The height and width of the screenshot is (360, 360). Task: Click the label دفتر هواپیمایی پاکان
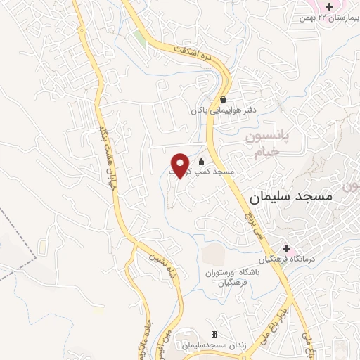coord(222,110)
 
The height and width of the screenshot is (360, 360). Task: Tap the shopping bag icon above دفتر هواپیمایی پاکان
coord(223,100)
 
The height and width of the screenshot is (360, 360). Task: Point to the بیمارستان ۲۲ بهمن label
coord(323,16)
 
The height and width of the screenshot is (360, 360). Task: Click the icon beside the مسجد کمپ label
coord(202,162)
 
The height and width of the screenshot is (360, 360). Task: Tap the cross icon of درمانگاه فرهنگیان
coord(286,248)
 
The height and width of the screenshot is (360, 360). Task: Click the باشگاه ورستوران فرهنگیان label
coord(229,277)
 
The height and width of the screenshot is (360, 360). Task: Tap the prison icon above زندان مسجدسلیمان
coord(214,335)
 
